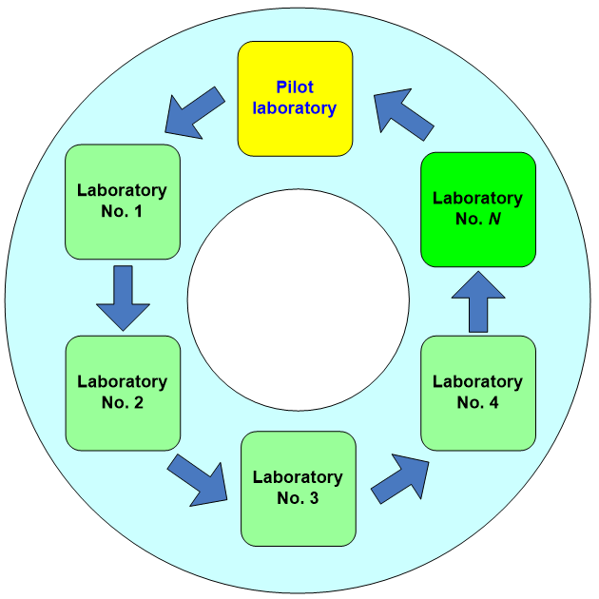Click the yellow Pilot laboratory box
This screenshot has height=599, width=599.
pos(295,98)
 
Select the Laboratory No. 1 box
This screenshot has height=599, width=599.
pos(122,202)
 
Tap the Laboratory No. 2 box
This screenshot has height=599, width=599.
pos(122,393)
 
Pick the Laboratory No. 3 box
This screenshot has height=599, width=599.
pos(298,488)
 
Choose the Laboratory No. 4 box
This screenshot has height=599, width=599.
pos(478,393)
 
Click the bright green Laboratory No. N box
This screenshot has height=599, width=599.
pos(478,209)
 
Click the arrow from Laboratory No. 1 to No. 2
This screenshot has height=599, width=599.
pos(124,298)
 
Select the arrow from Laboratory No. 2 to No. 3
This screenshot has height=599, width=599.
pos(198,478)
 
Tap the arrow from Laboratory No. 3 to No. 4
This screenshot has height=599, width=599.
pos(399,477)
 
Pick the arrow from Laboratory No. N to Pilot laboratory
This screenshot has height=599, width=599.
pos(403,112)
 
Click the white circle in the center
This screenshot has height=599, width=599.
pos(298,299)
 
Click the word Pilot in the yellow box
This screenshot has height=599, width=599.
pos(295,87)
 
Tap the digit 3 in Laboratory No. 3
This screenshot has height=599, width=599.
pos(313,497)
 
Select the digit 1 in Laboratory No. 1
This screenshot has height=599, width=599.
pos(138,211)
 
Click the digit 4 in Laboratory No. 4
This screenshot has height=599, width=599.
pos(493,402)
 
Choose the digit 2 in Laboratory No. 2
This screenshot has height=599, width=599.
pos(138,402)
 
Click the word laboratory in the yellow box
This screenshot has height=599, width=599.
pos(295,107)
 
